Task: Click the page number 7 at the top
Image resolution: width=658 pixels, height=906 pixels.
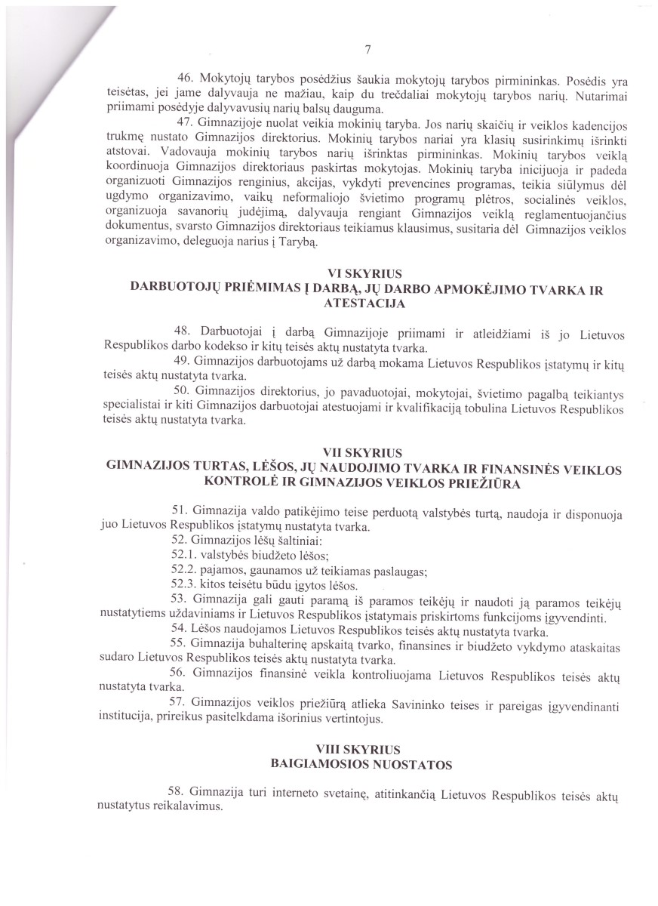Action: click(367, 51)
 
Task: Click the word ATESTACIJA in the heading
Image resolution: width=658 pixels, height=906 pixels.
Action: click(365, 304)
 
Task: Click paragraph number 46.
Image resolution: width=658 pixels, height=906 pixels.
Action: click(185, 80)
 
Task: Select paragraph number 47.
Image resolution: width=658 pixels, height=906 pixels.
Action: click(185, 123)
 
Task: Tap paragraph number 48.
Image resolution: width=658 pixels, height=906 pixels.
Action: click(185, 333)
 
